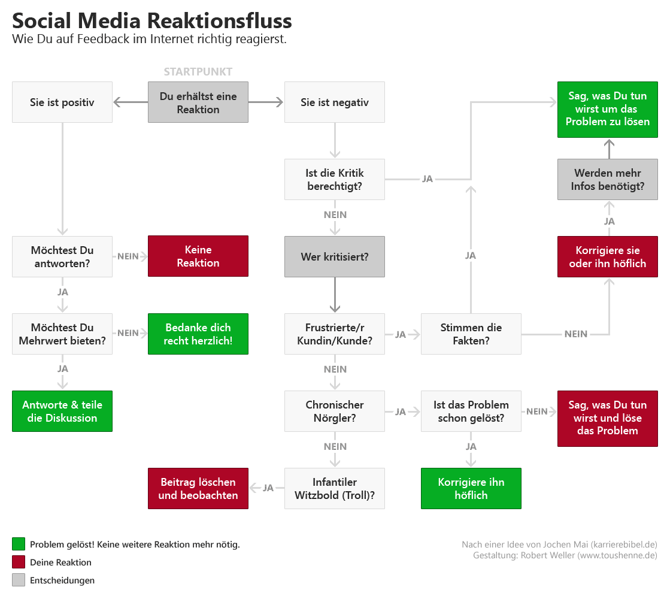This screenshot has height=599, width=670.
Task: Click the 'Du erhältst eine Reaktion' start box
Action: [198, 102]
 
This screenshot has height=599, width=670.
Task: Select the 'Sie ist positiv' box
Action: [62, 102]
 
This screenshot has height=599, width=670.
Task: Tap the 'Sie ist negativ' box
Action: [335, 102]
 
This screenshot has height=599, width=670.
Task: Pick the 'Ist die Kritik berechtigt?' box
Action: [335, 179]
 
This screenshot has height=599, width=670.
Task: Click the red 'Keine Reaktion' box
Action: [198, 256]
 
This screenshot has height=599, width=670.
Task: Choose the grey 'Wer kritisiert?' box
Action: [335, 256]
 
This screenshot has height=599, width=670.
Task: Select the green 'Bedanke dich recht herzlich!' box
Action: [198, 334]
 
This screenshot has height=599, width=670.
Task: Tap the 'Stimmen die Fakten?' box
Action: [471, 334]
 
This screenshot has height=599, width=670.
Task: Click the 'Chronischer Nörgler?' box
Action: [335, 411]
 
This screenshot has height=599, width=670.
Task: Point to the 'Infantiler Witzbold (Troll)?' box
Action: [335, 488]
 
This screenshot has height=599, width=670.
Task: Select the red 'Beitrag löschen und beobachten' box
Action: [198, 488]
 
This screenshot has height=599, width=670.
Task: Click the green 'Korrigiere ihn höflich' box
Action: [471, 488]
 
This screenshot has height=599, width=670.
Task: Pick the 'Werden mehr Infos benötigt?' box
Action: [608, 179]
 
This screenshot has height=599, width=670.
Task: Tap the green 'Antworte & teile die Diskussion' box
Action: [62, 411]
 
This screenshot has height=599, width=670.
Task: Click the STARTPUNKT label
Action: [198, 72]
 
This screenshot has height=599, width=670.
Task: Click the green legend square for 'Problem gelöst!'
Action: [19, 544]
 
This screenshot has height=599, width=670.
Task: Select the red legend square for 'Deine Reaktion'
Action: [19, 562]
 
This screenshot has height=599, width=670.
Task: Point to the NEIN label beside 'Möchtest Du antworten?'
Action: [128, 256]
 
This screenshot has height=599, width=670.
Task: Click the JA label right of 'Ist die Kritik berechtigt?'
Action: [428, 179]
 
